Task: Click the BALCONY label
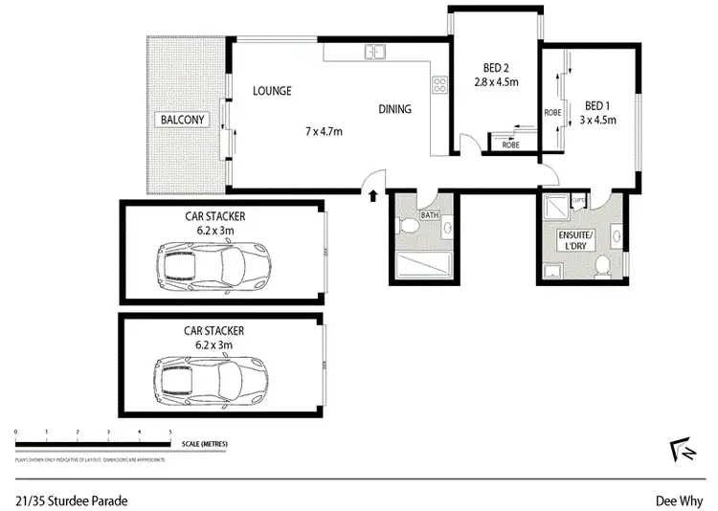182,120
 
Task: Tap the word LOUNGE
272,92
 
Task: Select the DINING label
394,109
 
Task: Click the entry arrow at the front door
372,197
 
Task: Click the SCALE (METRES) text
202,444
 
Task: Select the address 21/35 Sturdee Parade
71,500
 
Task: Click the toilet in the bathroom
408,228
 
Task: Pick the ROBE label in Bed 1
552,111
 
